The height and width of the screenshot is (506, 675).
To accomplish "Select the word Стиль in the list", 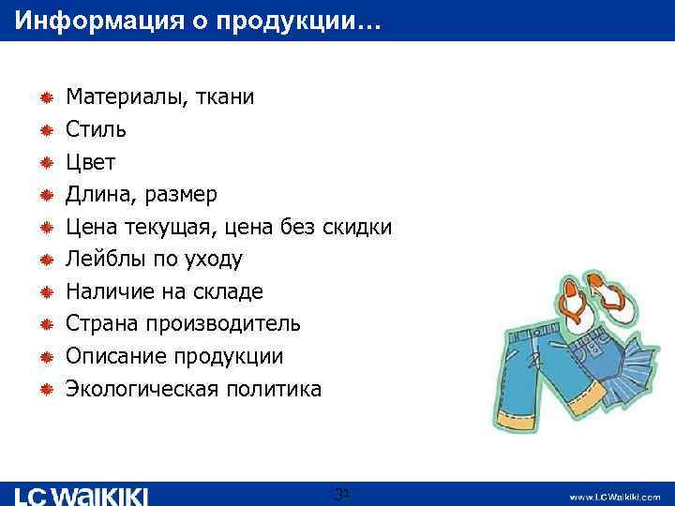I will point(96,129).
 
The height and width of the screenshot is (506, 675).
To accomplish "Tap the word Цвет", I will point(90,162).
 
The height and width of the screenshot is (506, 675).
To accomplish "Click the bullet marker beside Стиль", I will point(45,129).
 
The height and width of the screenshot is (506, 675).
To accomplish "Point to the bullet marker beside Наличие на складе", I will point(45,291).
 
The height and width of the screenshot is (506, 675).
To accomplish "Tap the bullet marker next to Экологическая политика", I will point(45,389).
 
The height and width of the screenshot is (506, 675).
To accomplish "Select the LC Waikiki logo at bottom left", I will point(82,495).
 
